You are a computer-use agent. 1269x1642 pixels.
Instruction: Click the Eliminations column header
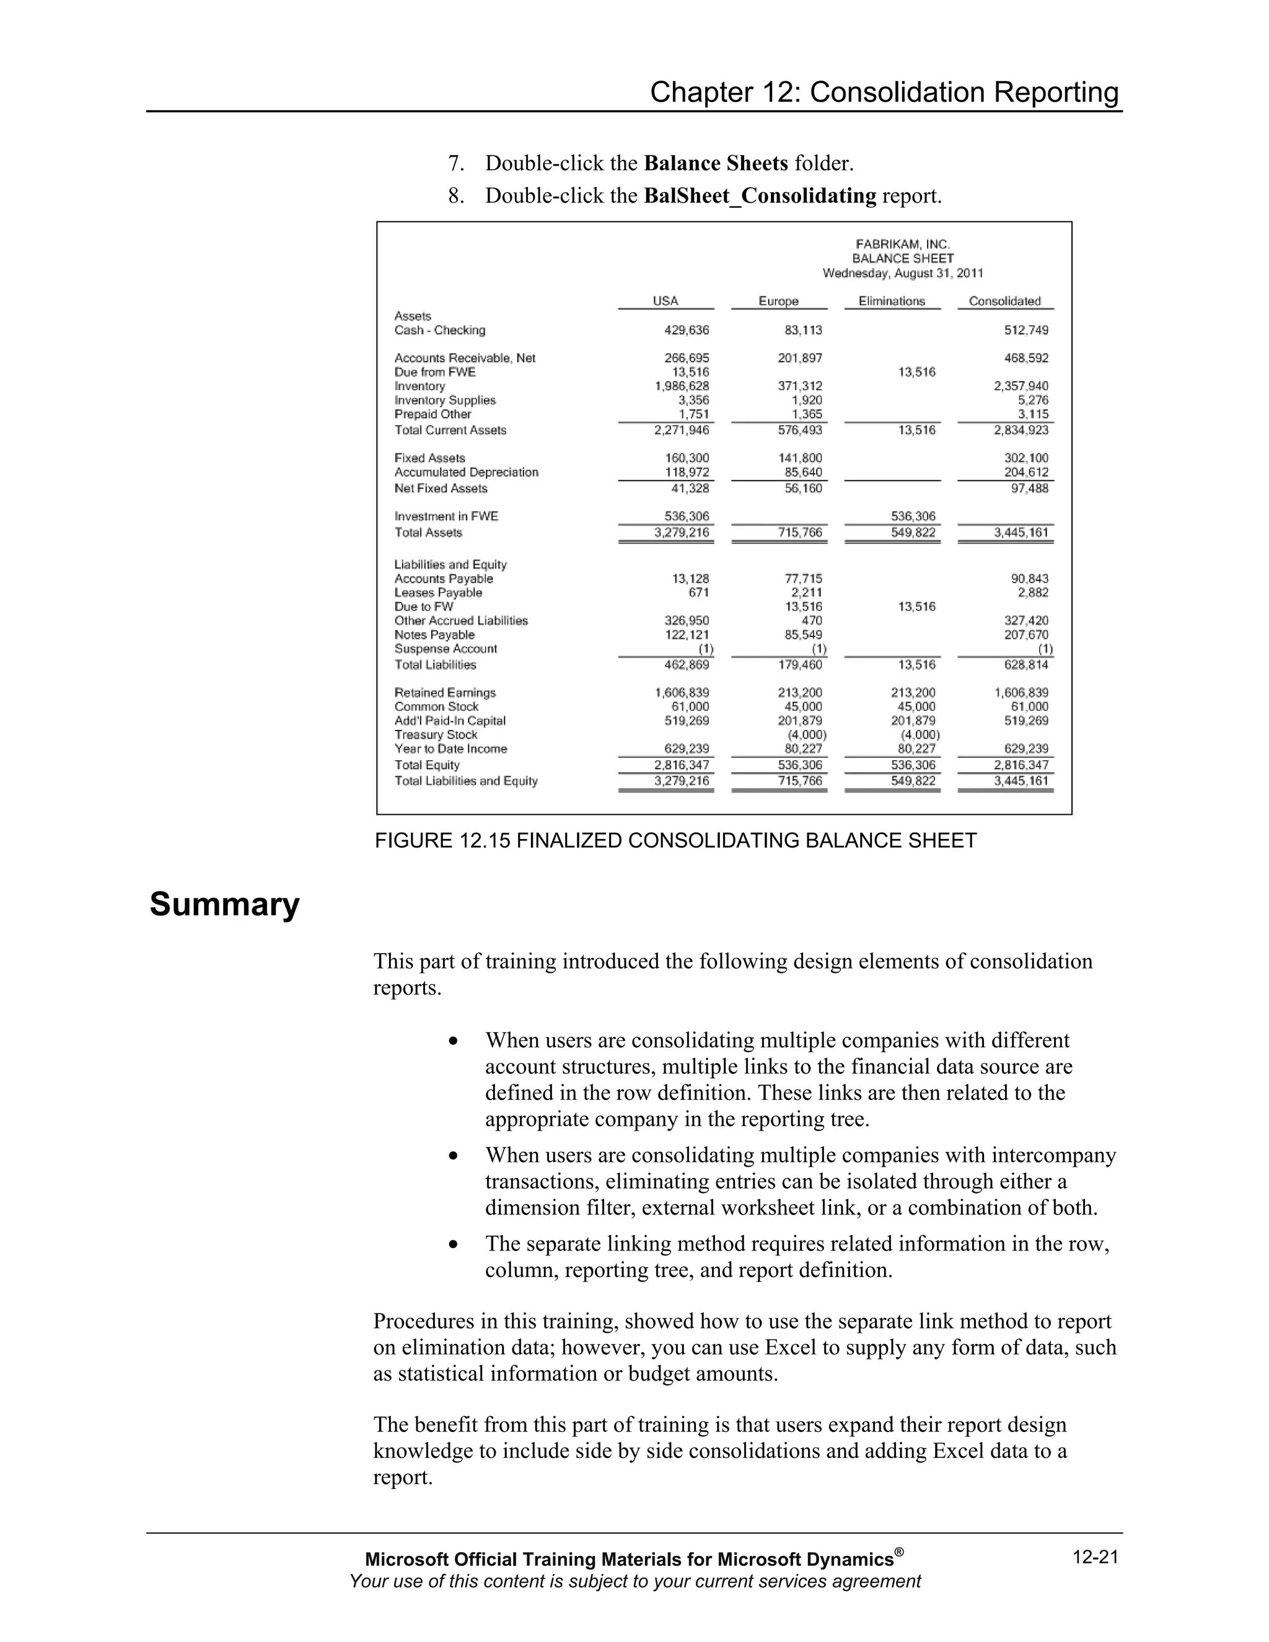click(892, 301)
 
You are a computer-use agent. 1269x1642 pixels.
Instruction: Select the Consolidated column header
click(1004, 301)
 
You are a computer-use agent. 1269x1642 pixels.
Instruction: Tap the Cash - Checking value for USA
click(687, 330)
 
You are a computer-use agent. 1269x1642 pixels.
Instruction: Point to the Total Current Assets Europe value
click(800, 430)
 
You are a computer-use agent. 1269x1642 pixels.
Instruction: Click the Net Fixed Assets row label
click(441, 489)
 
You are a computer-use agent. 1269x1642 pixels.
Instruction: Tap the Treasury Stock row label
click(436, 734)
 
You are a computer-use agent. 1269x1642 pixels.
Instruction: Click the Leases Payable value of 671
click(698, 592)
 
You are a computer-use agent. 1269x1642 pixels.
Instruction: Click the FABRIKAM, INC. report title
click(902, 244)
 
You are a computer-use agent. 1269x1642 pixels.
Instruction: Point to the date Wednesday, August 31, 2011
click(902, 273)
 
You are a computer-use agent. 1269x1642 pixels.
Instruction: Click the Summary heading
click(224, 903)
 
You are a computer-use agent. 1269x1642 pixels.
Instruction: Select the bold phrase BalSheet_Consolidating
click(760, 195)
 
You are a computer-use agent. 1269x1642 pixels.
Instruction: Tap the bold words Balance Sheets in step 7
click(716, 163)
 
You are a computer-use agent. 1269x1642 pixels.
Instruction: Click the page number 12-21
click(1096, 1557)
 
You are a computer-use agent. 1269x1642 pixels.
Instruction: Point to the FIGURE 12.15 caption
click(675, 841)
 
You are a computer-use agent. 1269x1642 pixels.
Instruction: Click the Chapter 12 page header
click(884, 92)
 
